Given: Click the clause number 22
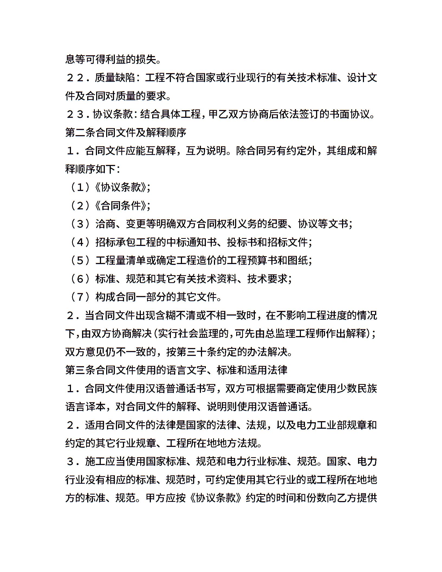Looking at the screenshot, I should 74,78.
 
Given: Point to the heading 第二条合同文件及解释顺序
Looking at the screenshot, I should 126,133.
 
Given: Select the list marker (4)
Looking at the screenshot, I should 80,242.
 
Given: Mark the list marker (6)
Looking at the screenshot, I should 80,279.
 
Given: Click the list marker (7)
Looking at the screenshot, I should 80,297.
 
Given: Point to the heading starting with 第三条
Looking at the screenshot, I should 176,370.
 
